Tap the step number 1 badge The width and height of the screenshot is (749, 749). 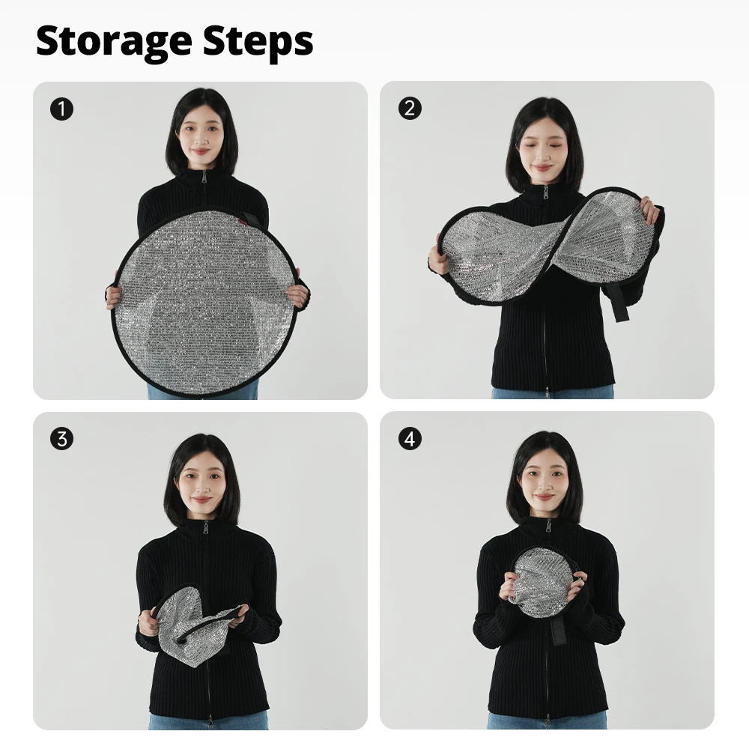61,109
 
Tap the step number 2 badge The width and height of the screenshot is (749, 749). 410,108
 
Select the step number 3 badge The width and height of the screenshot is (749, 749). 61,438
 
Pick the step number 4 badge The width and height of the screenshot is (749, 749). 410,438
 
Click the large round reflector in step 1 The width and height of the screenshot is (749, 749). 205,302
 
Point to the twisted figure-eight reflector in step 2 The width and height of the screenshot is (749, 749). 549,249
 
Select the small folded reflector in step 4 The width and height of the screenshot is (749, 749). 542,582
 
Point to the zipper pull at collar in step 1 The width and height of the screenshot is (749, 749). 204,178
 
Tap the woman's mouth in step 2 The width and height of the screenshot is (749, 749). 542,168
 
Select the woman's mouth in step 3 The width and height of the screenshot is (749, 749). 201,500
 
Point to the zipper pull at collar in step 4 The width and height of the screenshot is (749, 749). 548,527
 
